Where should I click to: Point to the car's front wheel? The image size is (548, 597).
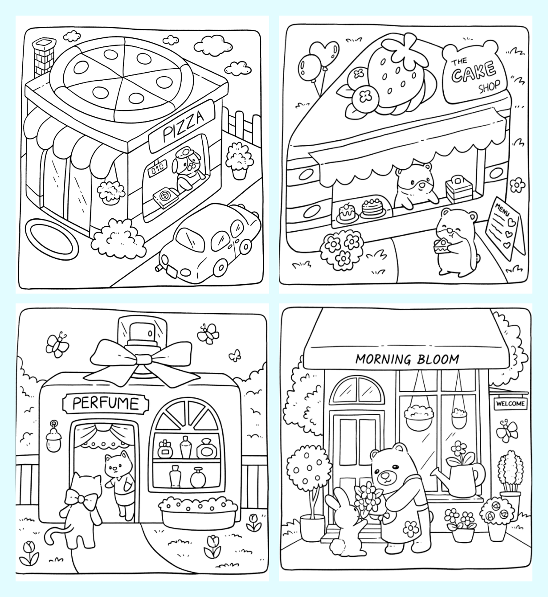tap(221, 267)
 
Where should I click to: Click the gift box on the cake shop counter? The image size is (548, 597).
tap(459, 188)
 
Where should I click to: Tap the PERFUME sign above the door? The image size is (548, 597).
tap(106, 404)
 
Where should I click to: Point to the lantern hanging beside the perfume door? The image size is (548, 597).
tap(54, 436)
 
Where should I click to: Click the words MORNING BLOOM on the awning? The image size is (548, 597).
tap(408, 359)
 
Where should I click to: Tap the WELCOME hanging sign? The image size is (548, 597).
tap(510, 404)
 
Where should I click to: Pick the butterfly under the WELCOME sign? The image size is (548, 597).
tap(507, 430)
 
